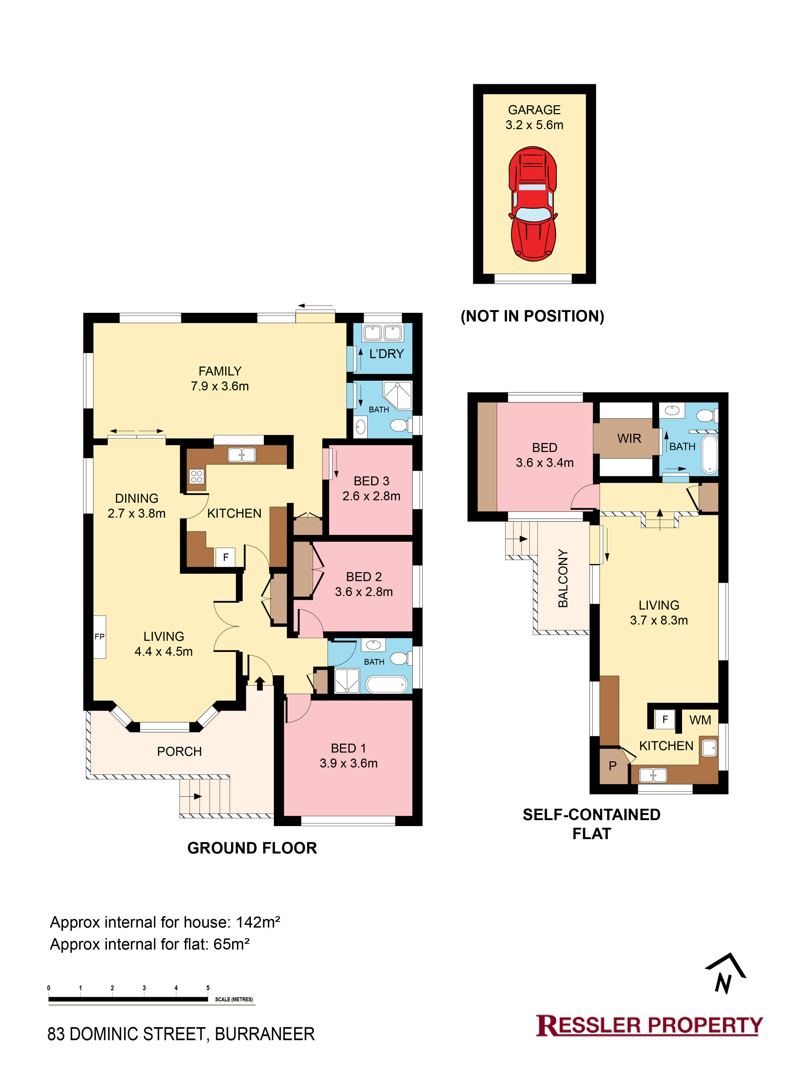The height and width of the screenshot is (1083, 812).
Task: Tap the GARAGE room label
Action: (534, 110)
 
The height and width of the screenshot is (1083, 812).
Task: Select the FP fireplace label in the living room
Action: (99, 637)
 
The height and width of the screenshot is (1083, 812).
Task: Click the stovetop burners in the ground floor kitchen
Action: (197, 476)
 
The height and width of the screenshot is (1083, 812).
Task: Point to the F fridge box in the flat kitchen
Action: (665, 719)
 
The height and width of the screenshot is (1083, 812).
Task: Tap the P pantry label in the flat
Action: (612, 766)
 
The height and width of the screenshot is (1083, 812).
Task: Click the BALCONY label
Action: (563, 578)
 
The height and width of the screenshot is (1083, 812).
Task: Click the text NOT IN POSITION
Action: (532, 316)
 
